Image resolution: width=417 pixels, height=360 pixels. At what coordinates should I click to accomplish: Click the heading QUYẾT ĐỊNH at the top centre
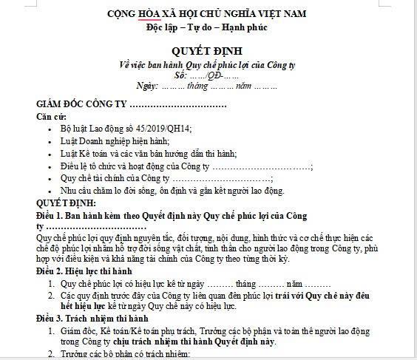pos(207,52)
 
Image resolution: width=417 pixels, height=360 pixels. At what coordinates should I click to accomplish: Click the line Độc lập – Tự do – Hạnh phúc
pos(207,27)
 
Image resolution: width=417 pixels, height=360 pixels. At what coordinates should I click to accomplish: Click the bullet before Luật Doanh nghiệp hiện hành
pos(50,141)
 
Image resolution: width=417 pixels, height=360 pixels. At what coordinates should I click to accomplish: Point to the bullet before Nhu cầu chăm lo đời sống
pos(50,191)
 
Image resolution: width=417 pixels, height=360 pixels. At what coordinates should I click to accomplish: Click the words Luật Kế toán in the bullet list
pos(81,154)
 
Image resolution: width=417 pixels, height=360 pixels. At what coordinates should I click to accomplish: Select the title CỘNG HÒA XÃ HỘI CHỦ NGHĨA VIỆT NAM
pos(207,13)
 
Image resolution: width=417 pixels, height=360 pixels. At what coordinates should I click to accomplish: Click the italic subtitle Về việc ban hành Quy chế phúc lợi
pos(207,64)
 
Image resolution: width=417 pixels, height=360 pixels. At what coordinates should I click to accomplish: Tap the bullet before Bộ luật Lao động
pos(50,129)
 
